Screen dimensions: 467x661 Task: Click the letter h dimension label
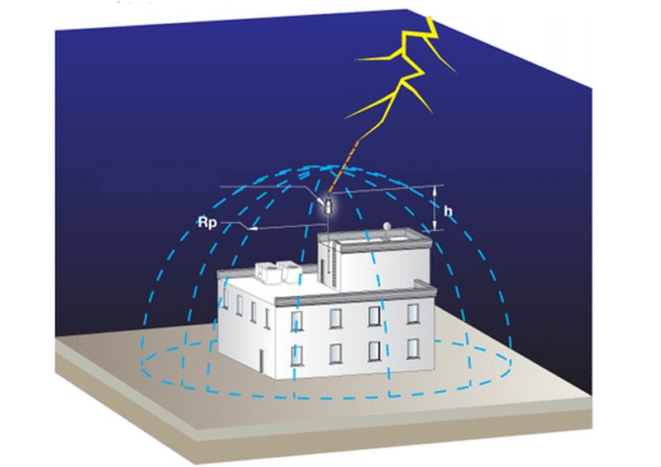[x=448, y=211]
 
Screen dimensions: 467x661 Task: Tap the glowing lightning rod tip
[x=330, y=201]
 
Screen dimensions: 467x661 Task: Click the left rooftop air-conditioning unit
[x=269, y=272]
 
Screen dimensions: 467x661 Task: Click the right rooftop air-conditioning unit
[x=290, y=271]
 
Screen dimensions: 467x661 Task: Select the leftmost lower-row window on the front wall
[x=296, y=356]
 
